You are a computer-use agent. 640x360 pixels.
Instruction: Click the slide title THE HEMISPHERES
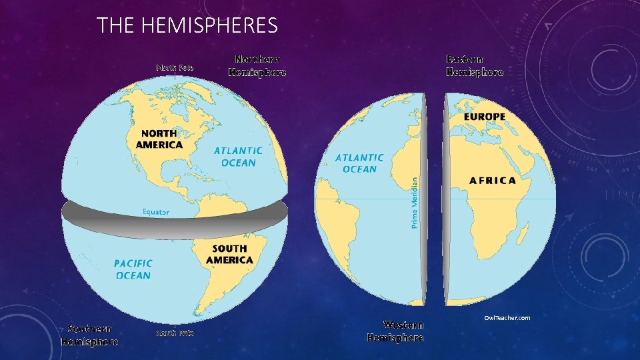coord(187,26)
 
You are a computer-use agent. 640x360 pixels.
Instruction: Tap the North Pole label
coord(175,67)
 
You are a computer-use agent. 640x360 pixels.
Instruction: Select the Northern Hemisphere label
coord(257,66)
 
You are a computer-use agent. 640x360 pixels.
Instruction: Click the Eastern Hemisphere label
coord(475,66)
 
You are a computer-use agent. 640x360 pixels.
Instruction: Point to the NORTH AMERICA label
coord(159,139)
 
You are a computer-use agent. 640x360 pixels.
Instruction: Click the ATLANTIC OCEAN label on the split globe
coord(359,163)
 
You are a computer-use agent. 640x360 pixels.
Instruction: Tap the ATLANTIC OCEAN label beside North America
coord(238,157)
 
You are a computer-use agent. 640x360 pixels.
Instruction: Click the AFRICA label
coord(492,180)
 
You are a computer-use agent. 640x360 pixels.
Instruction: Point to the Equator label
coord(156,212)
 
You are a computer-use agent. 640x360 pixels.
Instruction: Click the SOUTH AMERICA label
coord(229,254)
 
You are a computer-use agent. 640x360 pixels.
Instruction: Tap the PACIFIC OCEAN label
coord(133,269)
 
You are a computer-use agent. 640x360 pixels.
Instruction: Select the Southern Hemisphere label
coord(90,335)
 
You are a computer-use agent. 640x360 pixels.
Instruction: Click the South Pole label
coord(175,333)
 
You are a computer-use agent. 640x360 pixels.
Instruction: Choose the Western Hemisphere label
coord(395,331)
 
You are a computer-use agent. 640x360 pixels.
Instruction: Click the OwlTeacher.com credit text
coord(507,317)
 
